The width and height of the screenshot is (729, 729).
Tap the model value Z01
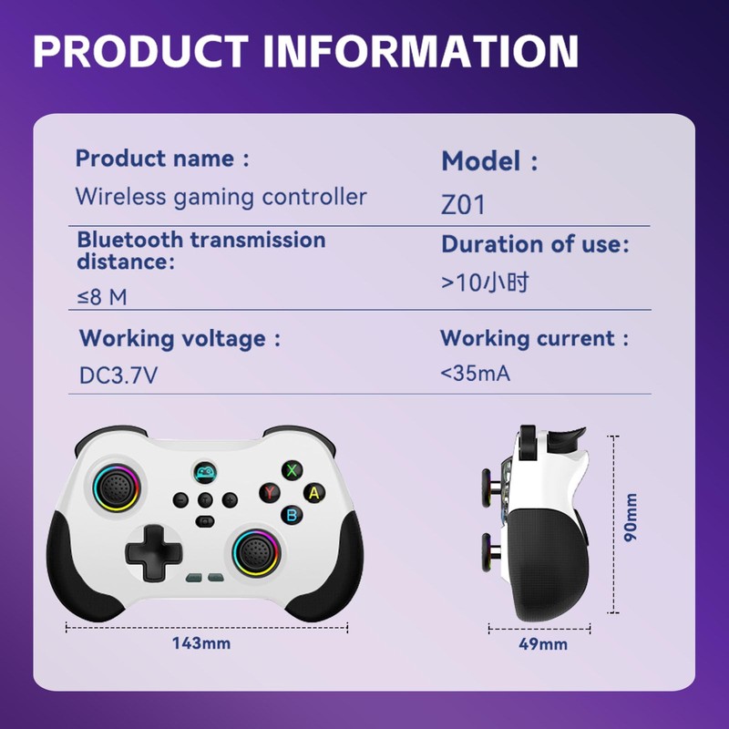(463, 204)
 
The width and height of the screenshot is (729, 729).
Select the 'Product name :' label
(162, 159)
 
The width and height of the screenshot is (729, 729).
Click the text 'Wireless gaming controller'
(221, 197)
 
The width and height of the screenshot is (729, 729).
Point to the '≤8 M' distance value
(101, 297)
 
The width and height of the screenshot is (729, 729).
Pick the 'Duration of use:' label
(536, 244)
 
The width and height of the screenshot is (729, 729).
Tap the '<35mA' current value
(474, 374)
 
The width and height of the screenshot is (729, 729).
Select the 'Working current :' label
(535, 339)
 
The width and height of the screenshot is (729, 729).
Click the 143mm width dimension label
(201, 643)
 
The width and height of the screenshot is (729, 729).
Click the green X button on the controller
(292, 470)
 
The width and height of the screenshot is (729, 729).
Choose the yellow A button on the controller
(314, 493)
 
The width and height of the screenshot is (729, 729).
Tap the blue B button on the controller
(292, 515)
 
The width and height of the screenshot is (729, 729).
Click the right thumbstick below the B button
(254, 550)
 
